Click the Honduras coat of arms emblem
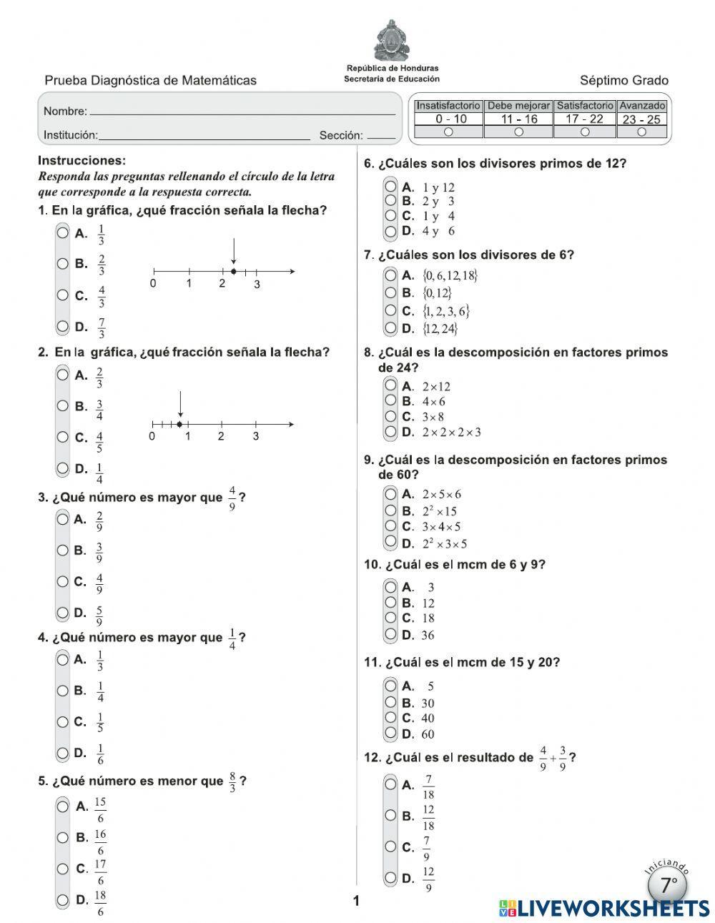(391, 41)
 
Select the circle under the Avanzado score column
(641, 132)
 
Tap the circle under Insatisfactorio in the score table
(448, 132)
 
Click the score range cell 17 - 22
(584, 119)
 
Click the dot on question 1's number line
(234, 272)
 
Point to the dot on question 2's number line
(179, 424)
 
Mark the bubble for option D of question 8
(390, 431)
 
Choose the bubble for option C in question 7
(390, 310)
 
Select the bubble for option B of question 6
(390, 201)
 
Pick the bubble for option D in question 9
(390, 543)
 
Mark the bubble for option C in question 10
(390, 618)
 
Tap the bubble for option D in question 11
(390, 733)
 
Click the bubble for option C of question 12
(390, 847)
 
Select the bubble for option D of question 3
(63, 612)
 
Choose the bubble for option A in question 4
(63, 658)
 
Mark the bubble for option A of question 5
(63, 806)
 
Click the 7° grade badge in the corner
(668, 886)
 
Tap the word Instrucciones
(82, 161)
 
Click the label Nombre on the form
(65, 112)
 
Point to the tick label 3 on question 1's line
(257, 285)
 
